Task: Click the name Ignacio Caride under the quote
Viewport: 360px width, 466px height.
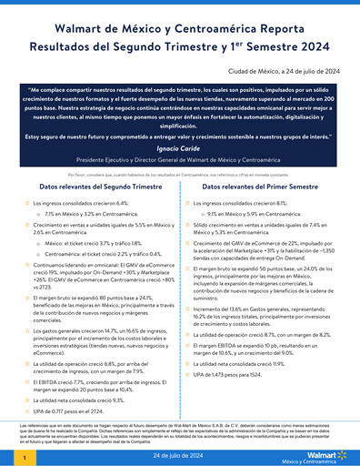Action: (x=180, y=147)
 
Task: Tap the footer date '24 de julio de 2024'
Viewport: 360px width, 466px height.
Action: (x=180, y=452)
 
